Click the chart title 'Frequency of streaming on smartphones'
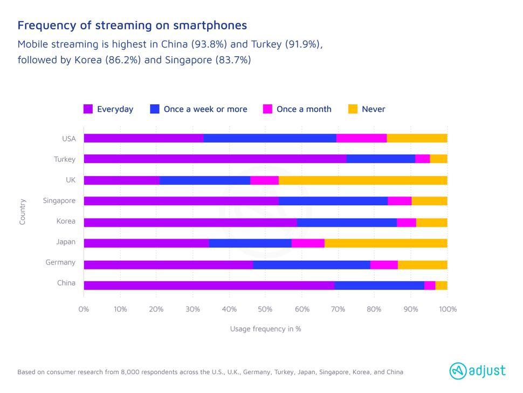(132, 25)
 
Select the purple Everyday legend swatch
(88, 109)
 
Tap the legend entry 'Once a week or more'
(205, 109)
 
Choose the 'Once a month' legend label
(304, 109)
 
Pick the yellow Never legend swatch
(353, 109)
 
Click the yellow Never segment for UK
(362, 180)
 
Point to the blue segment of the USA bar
(270, 138)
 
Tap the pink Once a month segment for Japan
(308, 242)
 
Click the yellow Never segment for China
(441, 284)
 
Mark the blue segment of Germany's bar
(311, 264)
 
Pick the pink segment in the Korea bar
(406, 222)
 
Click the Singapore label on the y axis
(59, 201)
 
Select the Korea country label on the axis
(66, 221)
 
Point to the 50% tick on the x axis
(265, 309)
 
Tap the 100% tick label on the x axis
(448, 309)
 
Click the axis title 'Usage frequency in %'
(265, 329)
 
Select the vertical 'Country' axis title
(23, 212)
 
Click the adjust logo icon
(458, 370)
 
